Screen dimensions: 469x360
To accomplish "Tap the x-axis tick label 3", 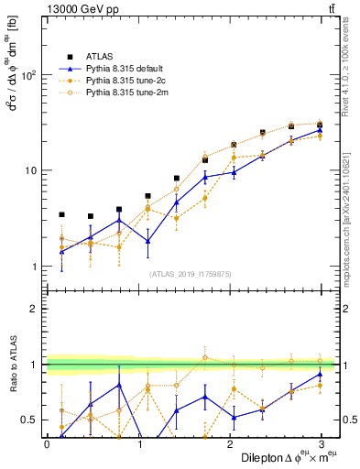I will [x=322, y=443].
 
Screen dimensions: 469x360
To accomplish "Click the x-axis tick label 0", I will [x=47, y=443].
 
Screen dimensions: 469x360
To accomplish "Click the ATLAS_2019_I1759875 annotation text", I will [x=191, y=273].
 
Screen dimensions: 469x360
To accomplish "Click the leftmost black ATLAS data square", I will [x=61, y=214].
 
